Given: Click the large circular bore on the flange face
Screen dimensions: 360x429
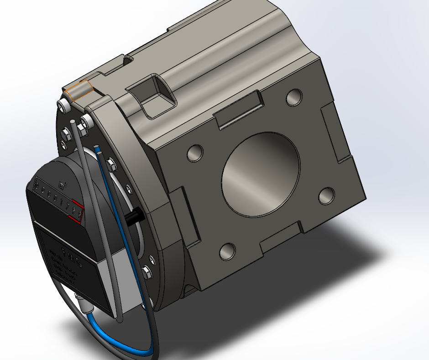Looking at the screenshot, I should click(261, 174).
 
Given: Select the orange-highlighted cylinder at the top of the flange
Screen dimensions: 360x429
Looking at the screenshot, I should click(79, 90).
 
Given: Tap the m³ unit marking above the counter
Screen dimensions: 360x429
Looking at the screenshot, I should click(63, 185).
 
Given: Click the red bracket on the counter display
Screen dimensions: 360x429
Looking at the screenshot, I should click(77, 212).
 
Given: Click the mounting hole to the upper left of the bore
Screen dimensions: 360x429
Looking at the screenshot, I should click(195, 153).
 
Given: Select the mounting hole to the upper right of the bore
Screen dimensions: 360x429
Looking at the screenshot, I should click(294, 97).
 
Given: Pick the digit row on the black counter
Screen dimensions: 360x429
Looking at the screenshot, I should click(57, 199).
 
